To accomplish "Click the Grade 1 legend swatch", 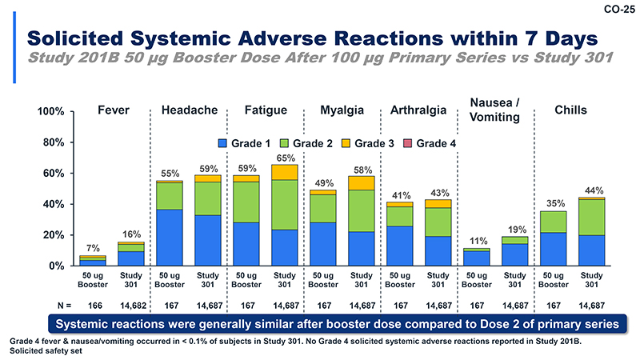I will click(x=224, y=144).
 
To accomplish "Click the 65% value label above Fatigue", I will click(x=284, y=158).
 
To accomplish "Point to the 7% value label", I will click(x=93, y=248).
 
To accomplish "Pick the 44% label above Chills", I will click(x=592, y=190).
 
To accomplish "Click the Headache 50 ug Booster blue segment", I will click(x=170, y=237).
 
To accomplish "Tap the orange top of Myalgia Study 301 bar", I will click(x=361, y=182).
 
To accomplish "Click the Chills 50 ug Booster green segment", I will click(x=554, y=222).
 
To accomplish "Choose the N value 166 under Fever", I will click(x=93, y=305).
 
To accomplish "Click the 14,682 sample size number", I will click(x=131, y=305).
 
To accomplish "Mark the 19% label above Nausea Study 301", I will click(x=515, y=230).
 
